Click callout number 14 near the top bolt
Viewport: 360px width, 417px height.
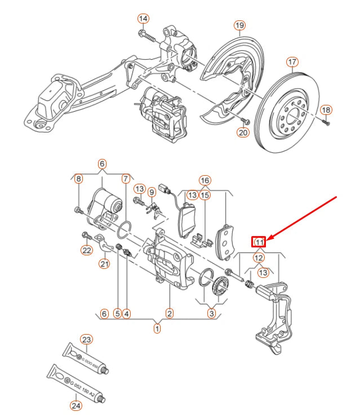(143, 19)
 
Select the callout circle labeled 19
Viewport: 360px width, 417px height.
(239, 25)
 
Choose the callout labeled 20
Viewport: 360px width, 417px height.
(242, 133)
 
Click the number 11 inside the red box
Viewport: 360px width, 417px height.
(259, 242)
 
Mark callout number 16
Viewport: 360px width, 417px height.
(205, 181)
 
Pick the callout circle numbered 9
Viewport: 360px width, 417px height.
(151, 193)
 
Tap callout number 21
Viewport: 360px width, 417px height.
(105, 263)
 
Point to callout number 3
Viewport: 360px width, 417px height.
(211, 313)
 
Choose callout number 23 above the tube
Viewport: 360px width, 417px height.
(86, 339)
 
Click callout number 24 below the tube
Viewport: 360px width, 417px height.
(76, 405)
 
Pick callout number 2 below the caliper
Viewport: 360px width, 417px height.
(169, 313)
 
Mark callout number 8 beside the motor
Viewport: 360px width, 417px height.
(78, 179)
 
